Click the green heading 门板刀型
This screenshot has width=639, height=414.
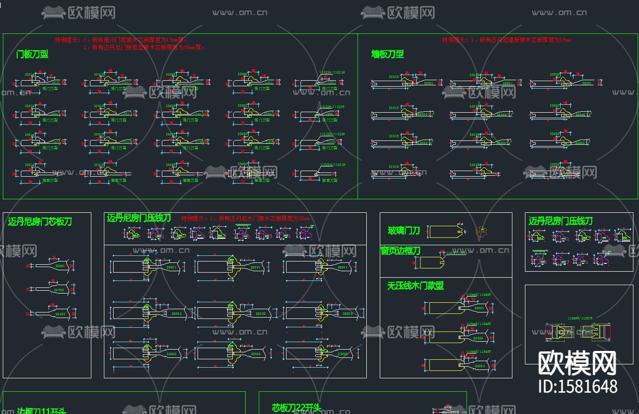click(32, 54)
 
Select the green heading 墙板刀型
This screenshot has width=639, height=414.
click(388, 54)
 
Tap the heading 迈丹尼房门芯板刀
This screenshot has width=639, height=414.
click(40, 222)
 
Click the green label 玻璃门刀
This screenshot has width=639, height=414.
click(404, 230)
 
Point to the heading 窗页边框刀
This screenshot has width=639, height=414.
click(400, 251)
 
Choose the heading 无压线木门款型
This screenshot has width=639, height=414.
click(415, 286)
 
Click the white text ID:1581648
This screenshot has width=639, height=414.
click(578, 386)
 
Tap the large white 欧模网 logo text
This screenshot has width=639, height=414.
click(577, 363)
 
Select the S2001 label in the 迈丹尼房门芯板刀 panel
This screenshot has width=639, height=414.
click(60, 266)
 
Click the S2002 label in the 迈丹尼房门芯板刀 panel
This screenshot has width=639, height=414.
click(59, 290)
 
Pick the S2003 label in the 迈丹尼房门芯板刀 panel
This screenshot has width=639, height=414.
click(60, 314)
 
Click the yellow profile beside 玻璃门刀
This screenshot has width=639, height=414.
click(447, 231)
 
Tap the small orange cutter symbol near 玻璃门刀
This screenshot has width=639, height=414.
click(482, 231)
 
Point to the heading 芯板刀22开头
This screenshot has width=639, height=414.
click(296, 408)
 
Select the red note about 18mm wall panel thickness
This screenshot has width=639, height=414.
click(507, 40)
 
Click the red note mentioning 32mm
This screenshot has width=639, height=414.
click(245, 218)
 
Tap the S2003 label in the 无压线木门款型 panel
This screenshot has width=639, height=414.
click(479, 366)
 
